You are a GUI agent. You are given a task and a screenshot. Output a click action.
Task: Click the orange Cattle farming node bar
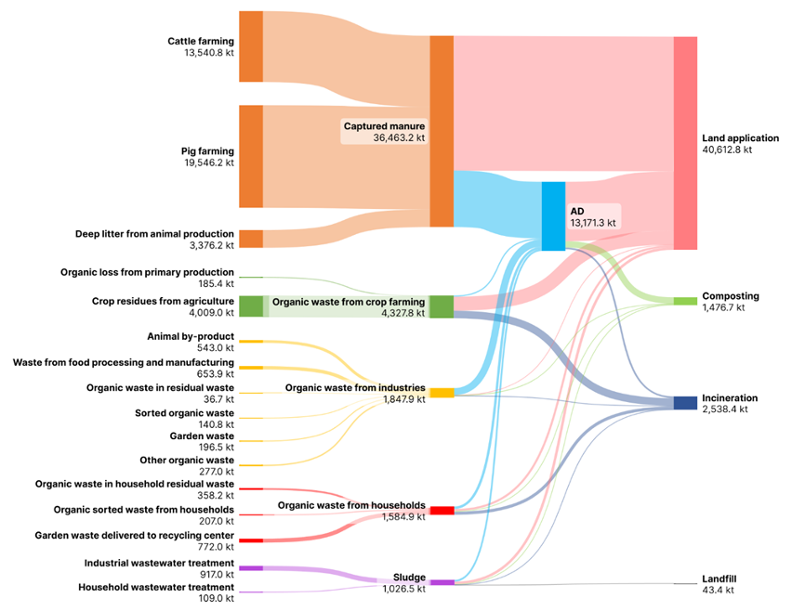click(x=251, y=46)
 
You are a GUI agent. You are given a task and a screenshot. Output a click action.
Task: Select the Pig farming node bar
click(x=251, y=156)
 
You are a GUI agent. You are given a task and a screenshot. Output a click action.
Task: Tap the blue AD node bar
click(x=553, y=215)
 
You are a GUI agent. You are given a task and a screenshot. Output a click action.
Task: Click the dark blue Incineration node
click(x=685, y=402)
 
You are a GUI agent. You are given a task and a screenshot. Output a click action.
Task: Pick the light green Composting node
click(x=685, y=301)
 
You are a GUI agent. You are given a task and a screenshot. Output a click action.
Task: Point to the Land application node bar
click(x=685, y=143)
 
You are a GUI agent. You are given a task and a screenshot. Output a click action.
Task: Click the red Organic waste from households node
click(x=442, y=511)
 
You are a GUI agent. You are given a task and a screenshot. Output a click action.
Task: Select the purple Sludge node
click(x=442, y=582)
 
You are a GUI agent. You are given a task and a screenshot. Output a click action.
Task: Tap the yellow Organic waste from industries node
click(x=442, y=393)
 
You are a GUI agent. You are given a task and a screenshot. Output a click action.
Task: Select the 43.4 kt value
click(x=718, y=590)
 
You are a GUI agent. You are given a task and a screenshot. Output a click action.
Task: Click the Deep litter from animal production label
click(x=154, y=234)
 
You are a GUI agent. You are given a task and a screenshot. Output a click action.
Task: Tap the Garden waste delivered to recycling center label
click(x=134, y=535)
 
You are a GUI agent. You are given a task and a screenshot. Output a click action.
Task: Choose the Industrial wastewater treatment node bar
click(x=251, y=567)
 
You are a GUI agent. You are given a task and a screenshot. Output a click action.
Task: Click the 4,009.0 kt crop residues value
click(x=209, y=313)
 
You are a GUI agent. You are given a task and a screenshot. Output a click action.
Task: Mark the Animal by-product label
click(x=191, y=336)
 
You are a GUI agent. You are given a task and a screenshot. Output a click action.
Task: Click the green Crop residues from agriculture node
click(x=251, y=305)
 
